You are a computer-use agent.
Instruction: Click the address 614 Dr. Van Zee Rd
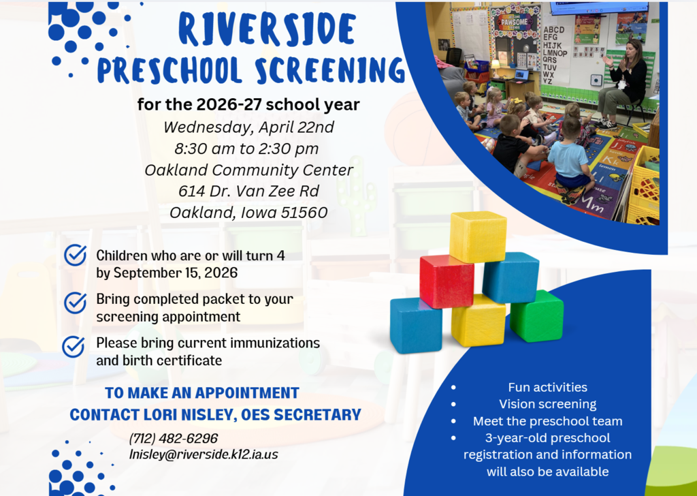248,191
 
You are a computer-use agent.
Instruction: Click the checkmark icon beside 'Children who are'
74,255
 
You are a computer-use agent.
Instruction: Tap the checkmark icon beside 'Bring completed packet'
74,302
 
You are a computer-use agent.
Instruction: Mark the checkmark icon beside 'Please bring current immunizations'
74,346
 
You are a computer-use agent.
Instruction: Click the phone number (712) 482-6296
174,438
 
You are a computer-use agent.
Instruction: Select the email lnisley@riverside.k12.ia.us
204,454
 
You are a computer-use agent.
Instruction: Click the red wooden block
447,281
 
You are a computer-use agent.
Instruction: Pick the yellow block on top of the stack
478,236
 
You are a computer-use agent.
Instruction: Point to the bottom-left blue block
415,325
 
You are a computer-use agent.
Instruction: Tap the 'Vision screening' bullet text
547,404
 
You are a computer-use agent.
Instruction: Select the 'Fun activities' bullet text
547,387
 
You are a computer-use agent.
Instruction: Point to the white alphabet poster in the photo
555,55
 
